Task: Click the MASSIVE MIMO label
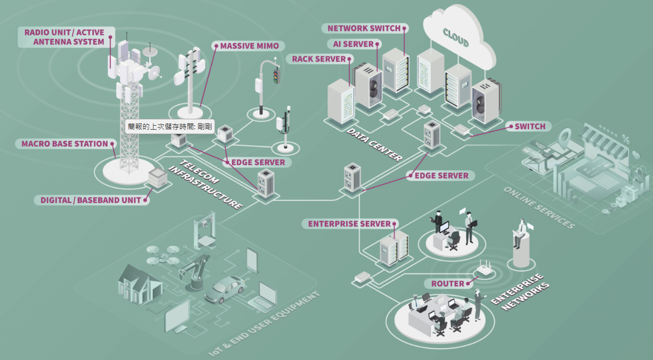pyautogui.click(x=249, y=46)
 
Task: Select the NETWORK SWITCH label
pyautogui.click(x=364, y=28)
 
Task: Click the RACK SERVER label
pyautogui.click(x=319, y=59)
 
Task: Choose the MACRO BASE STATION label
pyautogui.click(x=64, y=144)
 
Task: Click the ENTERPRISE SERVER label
pyautogui.click(x=349, y=224)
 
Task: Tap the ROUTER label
pyautogui.click(x=447, y=284)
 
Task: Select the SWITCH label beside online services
pyautogui.click(x=530, y=127)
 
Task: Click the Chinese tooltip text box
pyautogui.click(x=169, y=127)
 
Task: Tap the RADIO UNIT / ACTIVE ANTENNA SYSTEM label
pyautogui.click(x=66, y=37)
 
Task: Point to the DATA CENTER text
pyautogui.click(x=374, y=145)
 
